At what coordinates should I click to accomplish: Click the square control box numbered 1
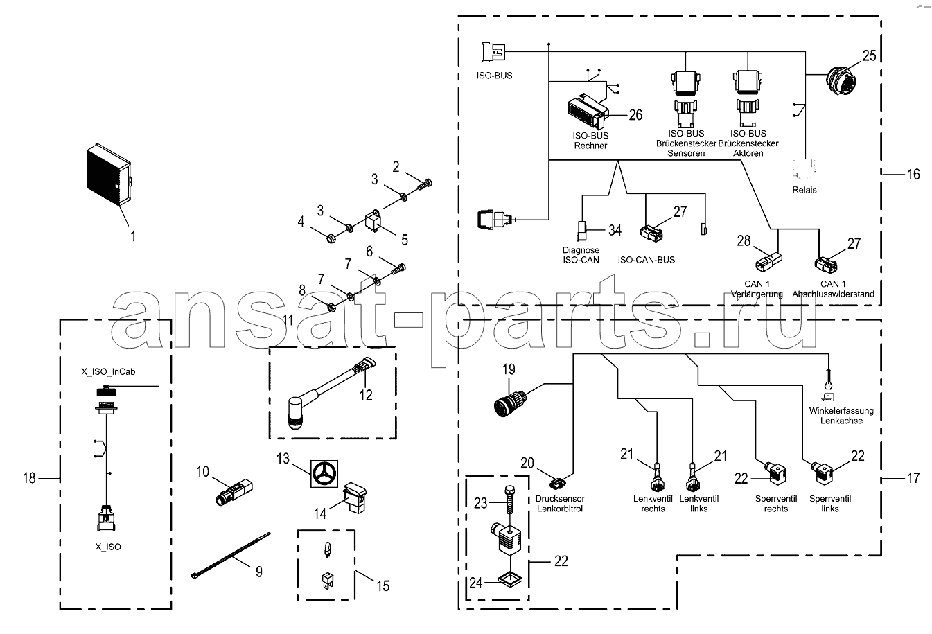[109, 175]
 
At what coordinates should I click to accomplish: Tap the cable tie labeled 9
[231, 556]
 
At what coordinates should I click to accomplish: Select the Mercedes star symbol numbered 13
[324, 474]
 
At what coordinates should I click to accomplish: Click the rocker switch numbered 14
[355, 497]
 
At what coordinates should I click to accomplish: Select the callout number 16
[913, 174]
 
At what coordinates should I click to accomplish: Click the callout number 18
[29, 478]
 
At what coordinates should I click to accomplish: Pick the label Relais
[804, 190]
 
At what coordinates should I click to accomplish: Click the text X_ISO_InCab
[108, 371]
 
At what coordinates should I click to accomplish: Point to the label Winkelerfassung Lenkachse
[841, 416]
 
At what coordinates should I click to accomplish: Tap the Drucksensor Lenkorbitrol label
[560, 503]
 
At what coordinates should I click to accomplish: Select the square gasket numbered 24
[511, 579]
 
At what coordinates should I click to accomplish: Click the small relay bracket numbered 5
[373, 221]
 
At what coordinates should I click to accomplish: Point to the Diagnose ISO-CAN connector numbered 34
[581, 231]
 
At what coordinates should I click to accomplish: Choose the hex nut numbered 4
[331, 238]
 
